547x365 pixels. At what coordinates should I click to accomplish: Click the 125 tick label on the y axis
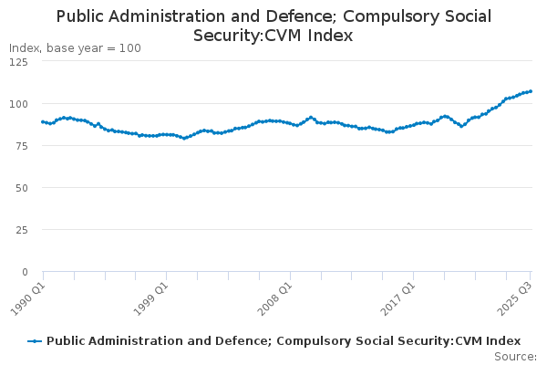point(17,62)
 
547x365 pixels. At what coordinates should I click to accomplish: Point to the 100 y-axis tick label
point(17,104)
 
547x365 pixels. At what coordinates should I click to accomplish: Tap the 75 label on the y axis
point(20,146)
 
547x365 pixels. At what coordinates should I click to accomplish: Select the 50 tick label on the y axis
point(20,188)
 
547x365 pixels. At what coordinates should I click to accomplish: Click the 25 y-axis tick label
point(20,230)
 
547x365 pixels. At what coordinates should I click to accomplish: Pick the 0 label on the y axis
point(24,272)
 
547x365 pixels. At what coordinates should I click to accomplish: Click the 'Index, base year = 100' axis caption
point(75,47)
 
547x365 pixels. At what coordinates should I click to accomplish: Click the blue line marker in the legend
point(35,341)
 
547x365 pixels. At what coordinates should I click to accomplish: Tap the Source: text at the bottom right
point(517,357)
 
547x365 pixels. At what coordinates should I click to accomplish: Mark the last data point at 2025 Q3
point(531,91)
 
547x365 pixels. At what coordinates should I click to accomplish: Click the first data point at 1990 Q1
point(43,121)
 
